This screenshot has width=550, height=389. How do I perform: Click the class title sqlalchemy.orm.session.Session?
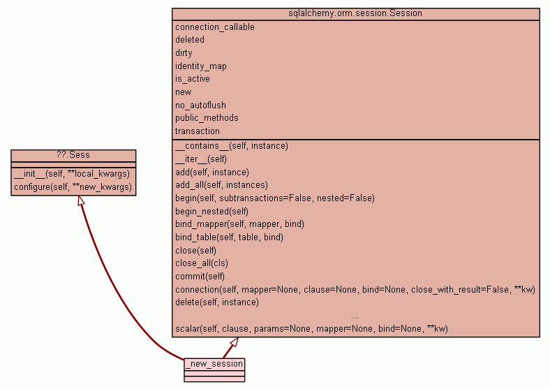355,13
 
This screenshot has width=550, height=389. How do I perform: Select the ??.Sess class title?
73,154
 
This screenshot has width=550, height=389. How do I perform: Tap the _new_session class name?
214,364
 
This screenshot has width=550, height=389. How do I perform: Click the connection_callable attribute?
215,27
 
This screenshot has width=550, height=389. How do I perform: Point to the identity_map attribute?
201,66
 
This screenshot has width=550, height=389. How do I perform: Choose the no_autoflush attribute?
200,105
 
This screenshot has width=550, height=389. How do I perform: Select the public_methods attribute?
207,118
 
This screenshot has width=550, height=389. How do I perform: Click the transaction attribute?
198,131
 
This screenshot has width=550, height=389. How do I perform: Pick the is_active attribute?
193,79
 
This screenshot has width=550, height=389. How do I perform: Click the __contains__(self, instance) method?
232,146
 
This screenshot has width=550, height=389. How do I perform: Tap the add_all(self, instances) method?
221,185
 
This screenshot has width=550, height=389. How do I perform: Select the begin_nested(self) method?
211,211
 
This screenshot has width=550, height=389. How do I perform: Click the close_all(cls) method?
202,263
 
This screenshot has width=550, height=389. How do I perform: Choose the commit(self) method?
200,277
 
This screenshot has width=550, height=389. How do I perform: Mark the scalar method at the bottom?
311,328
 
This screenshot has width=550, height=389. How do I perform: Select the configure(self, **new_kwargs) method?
73,187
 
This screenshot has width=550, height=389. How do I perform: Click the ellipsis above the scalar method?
355,316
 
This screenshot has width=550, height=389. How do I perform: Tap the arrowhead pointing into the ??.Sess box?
81,201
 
